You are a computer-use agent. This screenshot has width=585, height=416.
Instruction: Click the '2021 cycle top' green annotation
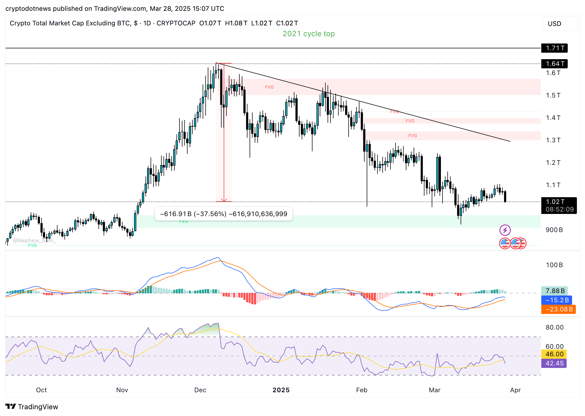click(309, 34)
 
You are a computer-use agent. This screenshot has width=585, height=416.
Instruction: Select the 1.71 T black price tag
click(555, 48)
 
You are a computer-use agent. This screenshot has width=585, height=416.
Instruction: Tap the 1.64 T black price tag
click(555, 64)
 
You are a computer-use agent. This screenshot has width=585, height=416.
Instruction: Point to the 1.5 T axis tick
click(553, 95)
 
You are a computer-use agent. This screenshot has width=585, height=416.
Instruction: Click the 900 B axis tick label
click(554, 230)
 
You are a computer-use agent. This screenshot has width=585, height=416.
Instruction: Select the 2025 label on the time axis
click(281, 390)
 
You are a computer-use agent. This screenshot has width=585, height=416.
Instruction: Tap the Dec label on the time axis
click(200, 390)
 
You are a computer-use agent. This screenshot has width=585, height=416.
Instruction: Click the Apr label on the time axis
click(515, 390)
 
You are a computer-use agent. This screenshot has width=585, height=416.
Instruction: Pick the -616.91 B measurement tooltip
click(223, 214)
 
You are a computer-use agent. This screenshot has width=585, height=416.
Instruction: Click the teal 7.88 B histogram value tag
click(555, 291)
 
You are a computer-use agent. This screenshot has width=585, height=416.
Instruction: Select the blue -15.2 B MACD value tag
click(557, 300)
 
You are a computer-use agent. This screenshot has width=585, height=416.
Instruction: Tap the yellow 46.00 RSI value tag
click(554, 354)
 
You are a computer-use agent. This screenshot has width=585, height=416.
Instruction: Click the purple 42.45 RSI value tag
click(554, 363)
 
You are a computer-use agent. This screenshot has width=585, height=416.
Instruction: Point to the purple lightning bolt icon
click(505, 230)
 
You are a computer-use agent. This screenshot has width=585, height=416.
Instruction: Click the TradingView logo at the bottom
click(32, 407)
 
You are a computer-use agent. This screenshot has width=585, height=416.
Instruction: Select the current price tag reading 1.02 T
click(559, 205)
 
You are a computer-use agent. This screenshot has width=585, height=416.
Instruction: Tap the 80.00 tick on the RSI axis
click(555, 327)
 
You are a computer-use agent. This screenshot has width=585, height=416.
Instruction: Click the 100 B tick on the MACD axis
click(554, 265)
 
